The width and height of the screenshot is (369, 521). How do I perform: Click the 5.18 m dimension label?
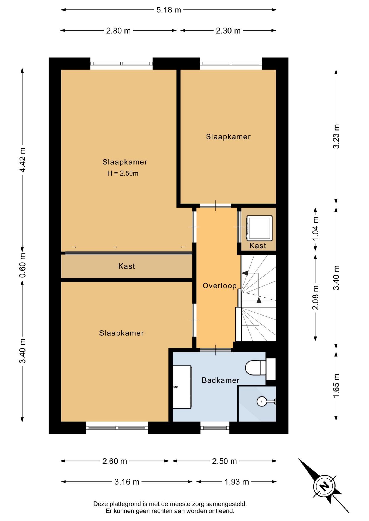(x=168, y=10)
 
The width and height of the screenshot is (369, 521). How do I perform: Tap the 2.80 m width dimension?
(x=118, y=31)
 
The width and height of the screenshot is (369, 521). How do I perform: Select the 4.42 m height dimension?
(x=23, y=160)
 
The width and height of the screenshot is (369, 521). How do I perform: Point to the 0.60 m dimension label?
(x=23, y=265)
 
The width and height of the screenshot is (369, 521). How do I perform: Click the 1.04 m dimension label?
(x=315, y=228)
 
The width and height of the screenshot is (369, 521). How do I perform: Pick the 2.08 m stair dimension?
(x=315, y=298)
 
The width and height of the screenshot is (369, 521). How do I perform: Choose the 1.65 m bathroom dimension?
(x=336, y=386)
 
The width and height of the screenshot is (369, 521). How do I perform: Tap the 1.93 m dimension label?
(x=236, y=482)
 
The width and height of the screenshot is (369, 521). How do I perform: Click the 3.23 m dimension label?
(x=336, y=136)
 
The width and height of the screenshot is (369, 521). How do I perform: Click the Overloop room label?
(x=220, y=286)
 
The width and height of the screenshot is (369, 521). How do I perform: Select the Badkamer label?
(x=220, y=380)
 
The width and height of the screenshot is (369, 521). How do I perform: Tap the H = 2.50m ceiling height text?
(x=123, y=173)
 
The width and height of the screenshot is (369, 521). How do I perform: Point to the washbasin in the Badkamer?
(x=182, y=387)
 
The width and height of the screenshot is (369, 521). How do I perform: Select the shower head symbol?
(x=266, y=401)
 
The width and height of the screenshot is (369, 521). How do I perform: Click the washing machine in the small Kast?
(x=259, y=228)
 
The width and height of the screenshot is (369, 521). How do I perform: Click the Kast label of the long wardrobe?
(x=127, y=266)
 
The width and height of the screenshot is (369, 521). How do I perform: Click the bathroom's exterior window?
(x=215, y=428)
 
